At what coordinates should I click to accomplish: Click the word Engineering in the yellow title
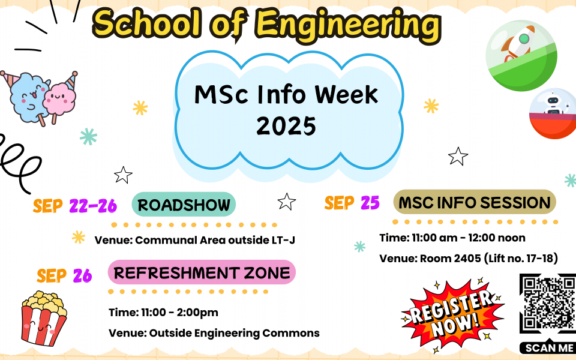click(x=348, y=26)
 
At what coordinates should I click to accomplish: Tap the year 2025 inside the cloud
click(x=286, y=126)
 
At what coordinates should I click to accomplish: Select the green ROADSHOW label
click(x=184, y=204)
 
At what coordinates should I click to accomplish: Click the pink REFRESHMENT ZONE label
click(x=202, y=272)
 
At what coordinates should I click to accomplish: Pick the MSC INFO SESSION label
click(x=475, y=202)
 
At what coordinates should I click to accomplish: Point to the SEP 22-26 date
click(x=75, y=206)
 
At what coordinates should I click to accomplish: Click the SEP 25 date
click(x=352, y=203)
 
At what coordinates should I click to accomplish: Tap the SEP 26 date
click(x=64, y=275)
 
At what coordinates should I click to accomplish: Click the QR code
click(x=547, y=304)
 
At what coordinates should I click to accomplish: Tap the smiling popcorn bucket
click(x=43, y=319)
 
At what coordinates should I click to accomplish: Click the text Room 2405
click(x=451, y=258)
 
